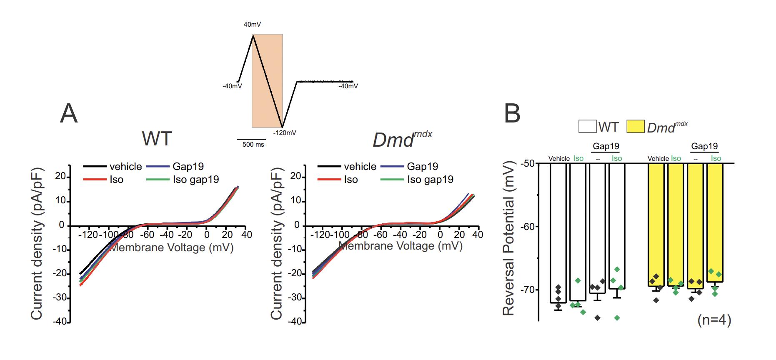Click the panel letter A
pyautogui.click(x=69, y=113)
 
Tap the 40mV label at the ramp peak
pyautogui.click(x=252, y=25)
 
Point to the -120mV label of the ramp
pyautogui.click(x=285, y=133)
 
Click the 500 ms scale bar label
pyautogui.click(x=253, y=145)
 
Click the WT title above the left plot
pyautogui.click(x=157, y=139)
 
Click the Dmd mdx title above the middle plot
pyautogui.click(x=401, y=140)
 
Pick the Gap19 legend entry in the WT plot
pyautogui.click(x=188, y=167)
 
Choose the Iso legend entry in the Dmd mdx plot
pyautogui.click(x=350, y=180)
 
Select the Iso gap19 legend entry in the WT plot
pyautogui.click(x=196, y=180)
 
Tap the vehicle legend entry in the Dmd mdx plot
pyautogui.click(x=360, y=167)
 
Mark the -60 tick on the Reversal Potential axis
pyautogui.click(x=526, y=226)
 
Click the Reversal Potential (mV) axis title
pyautogui.click(x=508, y=239)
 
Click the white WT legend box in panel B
pyautogui.click(x=587, y=126)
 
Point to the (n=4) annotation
pyautogui.click(x=714, y=320)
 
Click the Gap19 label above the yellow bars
pyautogui.click(x=704, y=146)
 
